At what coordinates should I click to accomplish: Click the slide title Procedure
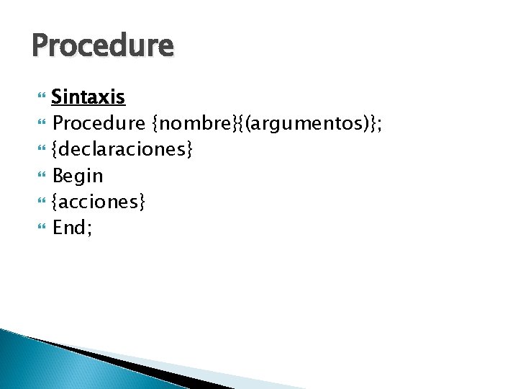(x=103, y=46)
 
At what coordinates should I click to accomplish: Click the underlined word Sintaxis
(x=88, y=97)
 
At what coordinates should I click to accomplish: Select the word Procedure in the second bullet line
(x=100, y=123)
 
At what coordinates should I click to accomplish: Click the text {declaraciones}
(x=122, y=150)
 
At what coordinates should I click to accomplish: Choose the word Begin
(x=78, y=176)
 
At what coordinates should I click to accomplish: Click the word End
(x=68, y=228)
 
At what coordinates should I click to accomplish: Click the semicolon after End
(x=88, y=231)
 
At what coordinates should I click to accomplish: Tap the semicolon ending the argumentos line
(x=379, y=125)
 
